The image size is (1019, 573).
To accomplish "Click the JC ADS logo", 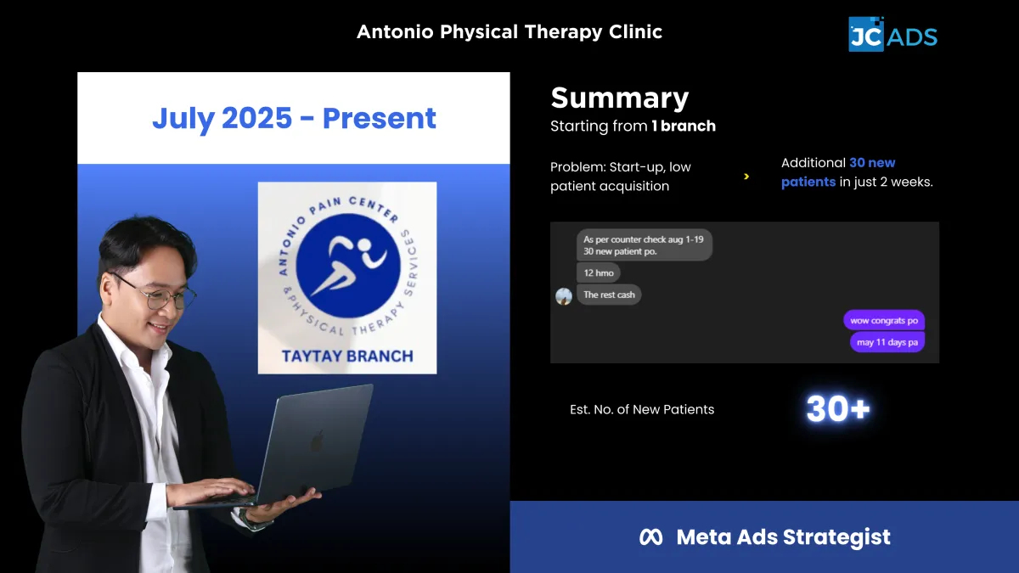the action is [x=892, y=35].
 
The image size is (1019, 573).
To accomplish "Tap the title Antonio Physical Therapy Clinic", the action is [x=509, y=32].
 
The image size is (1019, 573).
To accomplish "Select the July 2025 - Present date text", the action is [x=294, y=118].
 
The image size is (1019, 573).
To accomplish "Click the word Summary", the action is [x=620, y=98].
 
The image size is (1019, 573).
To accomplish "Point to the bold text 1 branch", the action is [x=684, y=126].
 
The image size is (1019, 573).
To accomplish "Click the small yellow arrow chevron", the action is [x=746, y=177].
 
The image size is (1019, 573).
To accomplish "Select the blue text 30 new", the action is [x=872, y=163].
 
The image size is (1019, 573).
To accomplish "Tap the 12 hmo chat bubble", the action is [x=598, y=272].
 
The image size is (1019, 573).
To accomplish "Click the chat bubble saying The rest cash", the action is [x=609, y=295].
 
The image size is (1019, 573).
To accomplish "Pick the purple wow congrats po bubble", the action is [x=884, y=321].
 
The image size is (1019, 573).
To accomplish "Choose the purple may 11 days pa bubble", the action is [x=887, y=342].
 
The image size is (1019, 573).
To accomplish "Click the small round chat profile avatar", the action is [x=564, y=296].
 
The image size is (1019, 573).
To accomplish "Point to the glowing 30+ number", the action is [x=838, y=408].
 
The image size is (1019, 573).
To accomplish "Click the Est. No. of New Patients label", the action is [x=642, y=410].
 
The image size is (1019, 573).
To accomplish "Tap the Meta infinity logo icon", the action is [x=651, y=537].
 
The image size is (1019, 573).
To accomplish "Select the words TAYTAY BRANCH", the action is [x=347, y=356].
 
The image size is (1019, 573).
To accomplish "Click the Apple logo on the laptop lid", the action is [x=318, y=441].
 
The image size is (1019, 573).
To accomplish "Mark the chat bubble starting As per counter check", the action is [x=645, y=245].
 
